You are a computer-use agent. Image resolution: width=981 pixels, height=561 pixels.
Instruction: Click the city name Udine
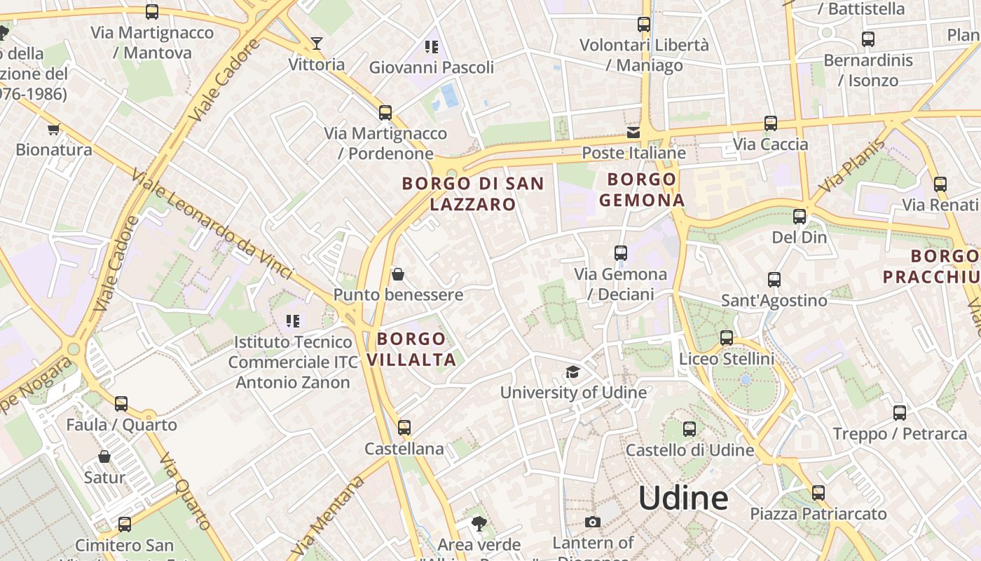[x=683, y=498]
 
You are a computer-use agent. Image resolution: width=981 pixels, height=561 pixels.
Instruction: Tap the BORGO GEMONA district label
[x=640, y=189]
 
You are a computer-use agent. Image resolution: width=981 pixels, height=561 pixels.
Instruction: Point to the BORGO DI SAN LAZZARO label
[x=473, y=194]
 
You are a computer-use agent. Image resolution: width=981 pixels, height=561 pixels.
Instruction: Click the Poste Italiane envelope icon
[x=633, y=132]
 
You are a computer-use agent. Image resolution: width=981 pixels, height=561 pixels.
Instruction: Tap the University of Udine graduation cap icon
[x=573, y=372]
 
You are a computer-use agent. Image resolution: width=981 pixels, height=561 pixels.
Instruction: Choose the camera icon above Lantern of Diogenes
[x=593, y=522]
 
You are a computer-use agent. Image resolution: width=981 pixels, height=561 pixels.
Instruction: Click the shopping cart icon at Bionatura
[x=54, y=129]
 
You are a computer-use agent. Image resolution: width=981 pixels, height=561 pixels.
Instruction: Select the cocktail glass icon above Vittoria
[x=317, y=43]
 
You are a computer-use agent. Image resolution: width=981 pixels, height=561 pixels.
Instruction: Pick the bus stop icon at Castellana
[x=404, y=428]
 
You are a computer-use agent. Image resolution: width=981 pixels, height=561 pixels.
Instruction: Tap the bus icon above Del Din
[x=800, y=217]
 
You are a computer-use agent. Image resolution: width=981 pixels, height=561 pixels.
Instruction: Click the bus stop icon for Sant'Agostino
[x=774, y=280]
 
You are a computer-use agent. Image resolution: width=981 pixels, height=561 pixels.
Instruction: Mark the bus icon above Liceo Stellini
[x=727, y=338]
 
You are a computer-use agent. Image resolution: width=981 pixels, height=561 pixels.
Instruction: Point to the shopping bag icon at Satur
[x=104, y=457]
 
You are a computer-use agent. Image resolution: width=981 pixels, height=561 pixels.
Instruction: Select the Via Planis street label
[x=852, y=166]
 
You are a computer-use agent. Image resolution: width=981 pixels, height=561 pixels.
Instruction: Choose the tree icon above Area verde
[x=479, y=523]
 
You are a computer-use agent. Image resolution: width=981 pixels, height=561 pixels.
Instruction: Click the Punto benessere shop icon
[x=398, y=274]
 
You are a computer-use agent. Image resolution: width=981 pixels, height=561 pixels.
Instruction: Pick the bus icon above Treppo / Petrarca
[x=900, y=413]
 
